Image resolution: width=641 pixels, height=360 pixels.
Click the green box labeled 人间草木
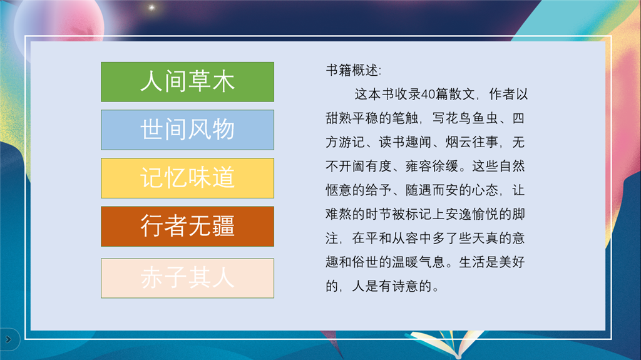(x=187, y=82)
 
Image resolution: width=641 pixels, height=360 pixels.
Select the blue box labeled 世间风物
(x=187, y=130)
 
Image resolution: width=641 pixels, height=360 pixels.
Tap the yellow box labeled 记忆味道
(x=187, y=178)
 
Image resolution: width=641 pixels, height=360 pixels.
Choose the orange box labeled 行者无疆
(x=187, y=226)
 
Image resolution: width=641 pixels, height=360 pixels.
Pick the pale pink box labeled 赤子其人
(x=187, y=278)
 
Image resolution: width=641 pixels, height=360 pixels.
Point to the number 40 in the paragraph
(x=428, y=95)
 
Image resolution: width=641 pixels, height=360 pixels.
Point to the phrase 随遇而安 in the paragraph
(x=432, y=190)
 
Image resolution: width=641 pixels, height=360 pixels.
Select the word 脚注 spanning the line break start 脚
(x=518, y=214)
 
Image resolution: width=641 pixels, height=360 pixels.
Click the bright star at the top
(x=151, y=8)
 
